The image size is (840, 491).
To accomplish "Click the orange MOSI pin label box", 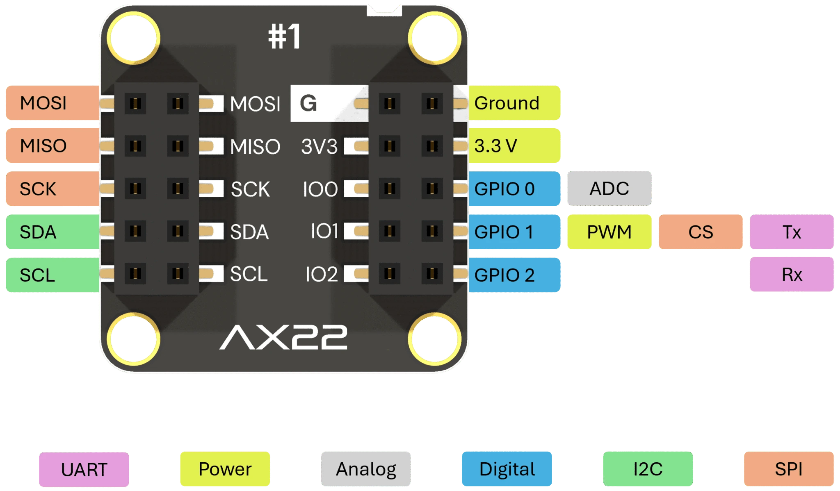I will [x=52, y=103].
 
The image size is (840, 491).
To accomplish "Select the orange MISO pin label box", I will [x=52, y=146].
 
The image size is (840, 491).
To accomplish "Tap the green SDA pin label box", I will [x=52, y=232].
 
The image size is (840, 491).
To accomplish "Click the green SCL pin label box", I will [x=52, y=275].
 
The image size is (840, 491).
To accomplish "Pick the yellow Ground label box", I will [x=514, y=103].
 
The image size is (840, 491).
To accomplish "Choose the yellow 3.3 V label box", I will [x=514, y=146].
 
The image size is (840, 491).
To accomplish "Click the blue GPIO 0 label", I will [x=514, y=189].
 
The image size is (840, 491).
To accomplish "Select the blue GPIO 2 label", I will [x=514, y=275].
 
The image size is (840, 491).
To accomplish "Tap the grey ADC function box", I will [x=609, y=189].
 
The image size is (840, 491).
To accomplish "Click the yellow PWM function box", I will [x=609, y=232].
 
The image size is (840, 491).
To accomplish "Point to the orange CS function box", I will [x=701, y=232].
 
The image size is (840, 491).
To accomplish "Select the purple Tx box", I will [x=791, y=232].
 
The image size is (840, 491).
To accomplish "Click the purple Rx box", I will [x=791, y=274].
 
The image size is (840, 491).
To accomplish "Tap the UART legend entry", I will [x=84, y=469].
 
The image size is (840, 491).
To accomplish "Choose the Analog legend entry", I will [x=366, y=469].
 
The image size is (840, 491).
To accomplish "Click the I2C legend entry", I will [x=648, y=469].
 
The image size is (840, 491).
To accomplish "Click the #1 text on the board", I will [x=284, y=37].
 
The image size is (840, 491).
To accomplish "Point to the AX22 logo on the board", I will [x=283, y=337].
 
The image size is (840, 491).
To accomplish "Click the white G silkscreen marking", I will [x=308, y=103].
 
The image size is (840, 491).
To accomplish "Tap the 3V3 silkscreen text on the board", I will [x=319, y=146].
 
